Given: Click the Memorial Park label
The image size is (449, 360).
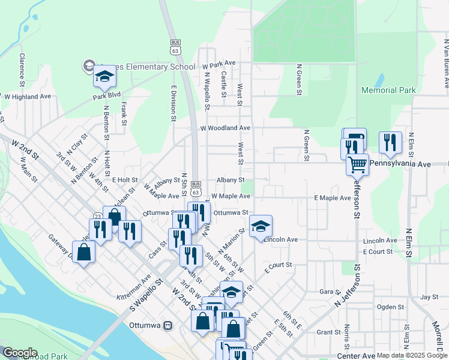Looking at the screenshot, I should pos(388,90).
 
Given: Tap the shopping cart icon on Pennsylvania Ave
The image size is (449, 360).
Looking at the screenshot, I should pos(357,163).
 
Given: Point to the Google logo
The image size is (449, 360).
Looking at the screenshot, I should pos(19,353).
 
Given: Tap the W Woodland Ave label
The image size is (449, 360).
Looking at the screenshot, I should pos(225,128).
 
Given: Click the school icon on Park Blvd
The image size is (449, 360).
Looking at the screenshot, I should pos(104,77).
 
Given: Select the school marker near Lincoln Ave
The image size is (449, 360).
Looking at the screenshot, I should pos(261,226).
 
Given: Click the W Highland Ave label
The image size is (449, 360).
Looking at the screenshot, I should pos(28,96).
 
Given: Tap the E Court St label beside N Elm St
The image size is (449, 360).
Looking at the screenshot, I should pos(378,252).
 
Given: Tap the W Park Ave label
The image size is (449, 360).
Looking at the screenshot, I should pos(219,63).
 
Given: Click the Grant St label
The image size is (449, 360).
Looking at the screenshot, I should pos(328,332).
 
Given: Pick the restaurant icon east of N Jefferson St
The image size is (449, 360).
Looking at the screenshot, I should pos(390,143).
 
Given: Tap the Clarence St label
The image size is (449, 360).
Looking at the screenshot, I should pos(22,68).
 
